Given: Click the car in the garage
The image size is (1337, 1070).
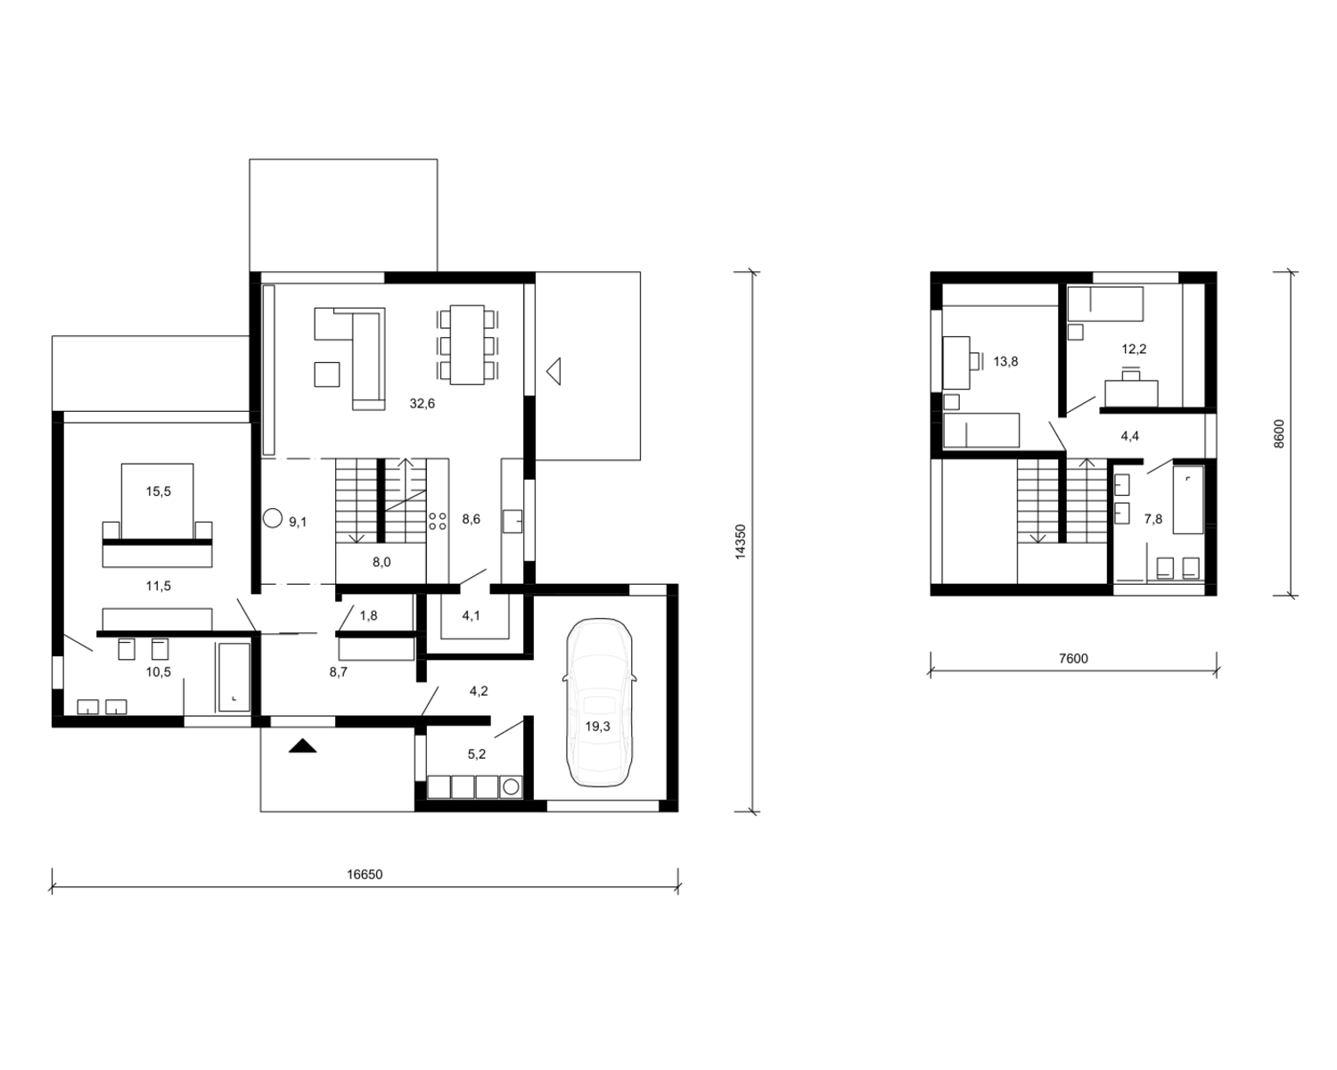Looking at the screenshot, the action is coord(599,703).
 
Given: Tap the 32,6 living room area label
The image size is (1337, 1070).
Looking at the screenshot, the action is coord(422,404).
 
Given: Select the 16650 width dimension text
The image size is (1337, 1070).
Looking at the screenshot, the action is coord(365,874).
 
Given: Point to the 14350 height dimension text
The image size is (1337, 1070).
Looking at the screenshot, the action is coord(740,541).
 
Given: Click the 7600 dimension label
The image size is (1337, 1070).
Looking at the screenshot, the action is coord(1073,658).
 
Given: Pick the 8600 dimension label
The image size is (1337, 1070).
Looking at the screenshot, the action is coord(1278,434).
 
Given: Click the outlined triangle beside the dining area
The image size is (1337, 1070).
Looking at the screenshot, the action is coord(554,371).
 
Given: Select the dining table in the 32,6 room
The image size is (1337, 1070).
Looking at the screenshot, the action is coord(467,344).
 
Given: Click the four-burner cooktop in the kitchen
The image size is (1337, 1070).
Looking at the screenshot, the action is coord(438,521).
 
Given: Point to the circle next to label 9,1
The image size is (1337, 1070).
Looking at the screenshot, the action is coord(273,518).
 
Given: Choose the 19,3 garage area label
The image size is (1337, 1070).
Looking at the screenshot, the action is coord(598,726).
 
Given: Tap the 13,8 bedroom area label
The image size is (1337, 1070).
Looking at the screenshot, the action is coord(1005,361).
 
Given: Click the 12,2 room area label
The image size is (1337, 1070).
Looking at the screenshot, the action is coord(1134,349).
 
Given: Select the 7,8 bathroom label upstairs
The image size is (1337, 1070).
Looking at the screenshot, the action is coord(1153,519).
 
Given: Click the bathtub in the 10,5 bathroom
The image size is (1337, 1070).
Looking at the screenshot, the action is coord(234,678).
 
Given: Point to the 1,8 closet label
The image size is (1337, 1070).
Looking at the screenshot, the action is coord(368,615).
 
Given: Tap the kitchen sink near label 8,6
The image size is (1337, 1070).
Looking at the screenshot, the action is coord(512,522).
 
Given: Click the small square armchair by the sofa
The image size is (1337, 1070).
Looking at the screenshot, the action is coord(327,374).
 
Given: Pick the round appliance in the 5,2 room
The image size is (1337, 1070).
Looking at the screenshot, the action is coord(511,787).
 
